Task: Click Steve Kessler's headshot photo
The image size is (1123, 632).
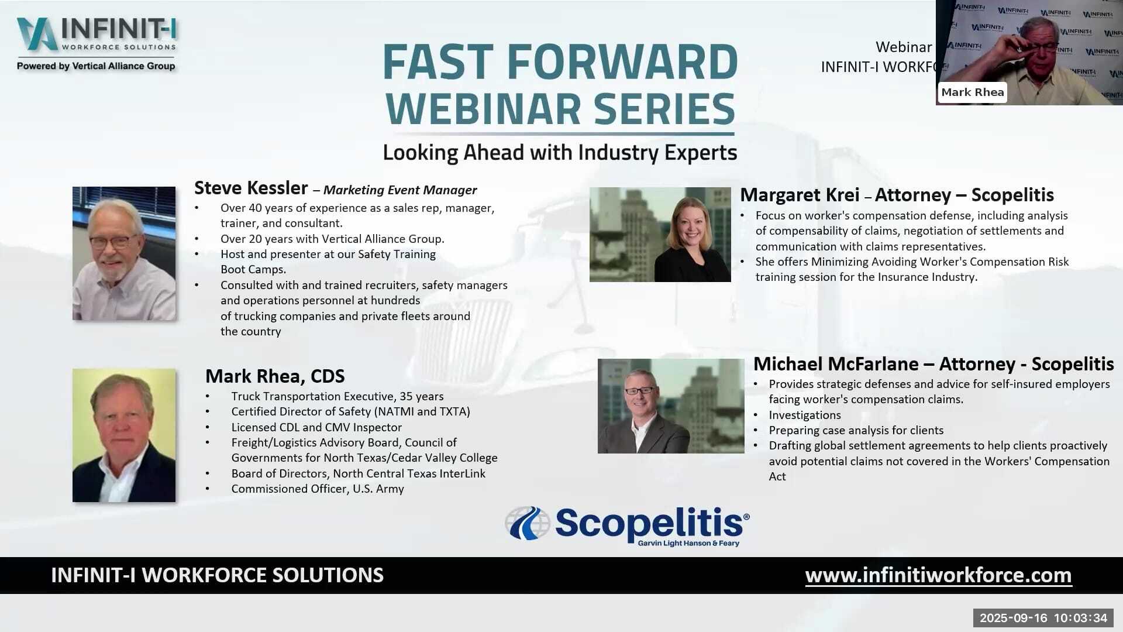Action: (x=124, y=253)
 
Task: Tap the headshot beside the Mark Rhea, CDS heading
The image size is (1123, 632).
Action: (x=124, y=435)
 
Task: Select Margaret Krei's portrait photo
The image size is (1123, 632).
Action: (x=660, y=235)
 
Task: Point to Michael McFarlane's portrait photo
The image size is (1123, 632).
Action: (x=671, y=406)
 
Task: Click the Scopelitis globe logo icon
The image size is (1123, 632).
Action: (x=528, y=523)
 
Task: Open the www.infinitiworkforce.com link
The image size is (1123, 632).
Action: (x=938, y=575)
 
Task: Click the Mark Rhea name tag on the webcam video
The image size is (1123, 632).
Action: (x=973, y=92)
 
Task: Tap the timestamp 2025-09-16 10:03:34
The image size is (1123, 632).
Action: (x=1043, y=618)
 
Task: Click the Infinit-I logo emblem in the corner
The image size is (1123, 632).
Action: (x=37, y=34)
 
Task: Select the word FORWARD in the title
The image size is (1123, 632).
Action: (x=622, y=61)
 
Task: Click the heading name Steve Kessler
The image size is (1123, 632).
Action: (x=251, y=188)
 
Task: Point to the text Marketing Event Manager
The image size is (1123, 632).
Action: (x=400, y=190)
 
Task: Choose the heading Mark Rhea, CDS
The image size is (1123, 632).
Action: (x=275, y=376)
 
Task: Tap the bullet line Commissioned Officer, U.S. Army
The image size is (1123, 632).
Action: (x=318, y=489)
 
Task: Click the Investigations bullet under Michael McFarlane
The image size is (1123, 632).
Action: (x=805, y=415)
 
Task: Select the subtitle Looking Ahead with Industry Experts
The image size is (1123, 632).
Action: (x=560, y=153)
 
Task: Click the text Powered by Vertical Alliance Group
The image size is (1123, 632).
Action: (x=96, y=66)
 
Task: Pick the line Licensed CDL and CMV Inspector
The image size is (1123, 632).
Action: (x=316, y=427)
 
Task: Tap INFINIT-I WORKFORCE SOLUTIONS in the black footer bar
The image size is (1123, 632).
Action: (x=217, y=575)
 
